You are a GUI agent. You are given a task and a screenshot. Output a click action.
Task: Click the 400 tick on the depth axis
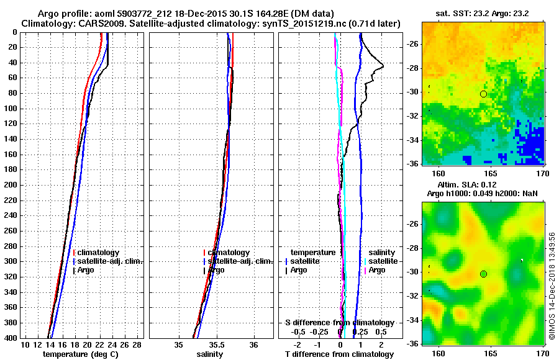(x=11, y=338)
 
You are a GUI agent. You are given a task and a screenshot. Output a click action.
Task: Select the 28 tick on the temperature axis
(x=137, y=344)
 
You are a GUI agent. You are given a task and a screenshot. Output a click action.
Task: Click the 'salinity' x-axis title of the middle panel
(x=210, y=354)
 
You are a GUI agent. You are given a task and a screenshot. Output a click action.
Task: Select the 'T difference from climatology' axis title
(x=339, y=354)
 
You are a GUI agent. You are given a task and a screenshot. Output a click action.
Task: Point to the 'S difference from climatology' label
(x=339, y=323)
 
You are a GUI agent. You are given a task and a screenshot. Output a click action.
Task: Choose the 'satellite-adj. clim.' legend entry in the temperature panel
(x=109, y=261)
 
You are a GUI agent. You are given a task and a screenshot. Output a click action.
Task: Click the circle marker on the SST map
(x=483, y=94)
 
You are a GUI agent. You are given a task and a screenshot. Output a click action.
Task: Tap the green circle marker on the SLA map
(x=483, y=274)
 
